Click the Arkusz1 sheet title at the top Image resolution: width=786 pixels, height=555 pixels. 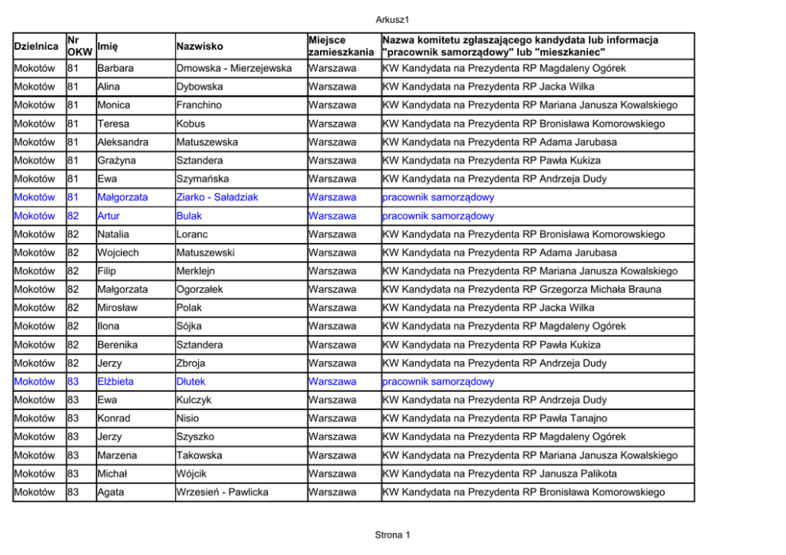pos(392,19)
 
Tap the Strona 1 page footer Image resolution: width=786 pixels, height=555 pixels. pos(392,535)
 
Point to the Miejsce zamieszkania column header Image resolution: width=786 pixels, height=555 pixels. pos(341,46)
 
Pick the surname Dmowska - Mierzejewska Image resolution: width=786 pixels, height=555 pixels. pos(234,69)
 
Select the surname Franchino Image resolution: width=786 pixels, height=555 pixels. pos(199,105)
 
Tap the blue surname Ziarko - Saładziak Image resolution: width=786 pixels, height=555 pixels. pos(217,197)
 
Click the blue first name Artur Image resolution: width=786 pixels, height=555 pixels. pos(109,216)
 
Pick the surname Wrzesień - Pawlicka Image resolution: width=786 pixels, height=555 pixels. pos(222,492)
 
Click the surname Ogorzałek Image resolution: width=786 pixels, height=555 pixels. pos(200,290)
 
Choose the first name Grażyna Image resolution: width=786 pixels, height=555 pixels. pos(115,161)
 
